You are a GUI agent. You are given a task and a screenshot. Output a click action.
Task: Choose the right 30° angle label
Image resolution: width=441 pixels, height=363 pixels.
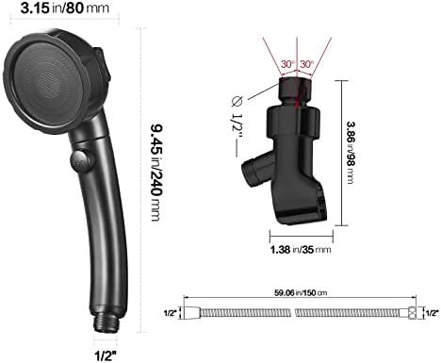[308, 65]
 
